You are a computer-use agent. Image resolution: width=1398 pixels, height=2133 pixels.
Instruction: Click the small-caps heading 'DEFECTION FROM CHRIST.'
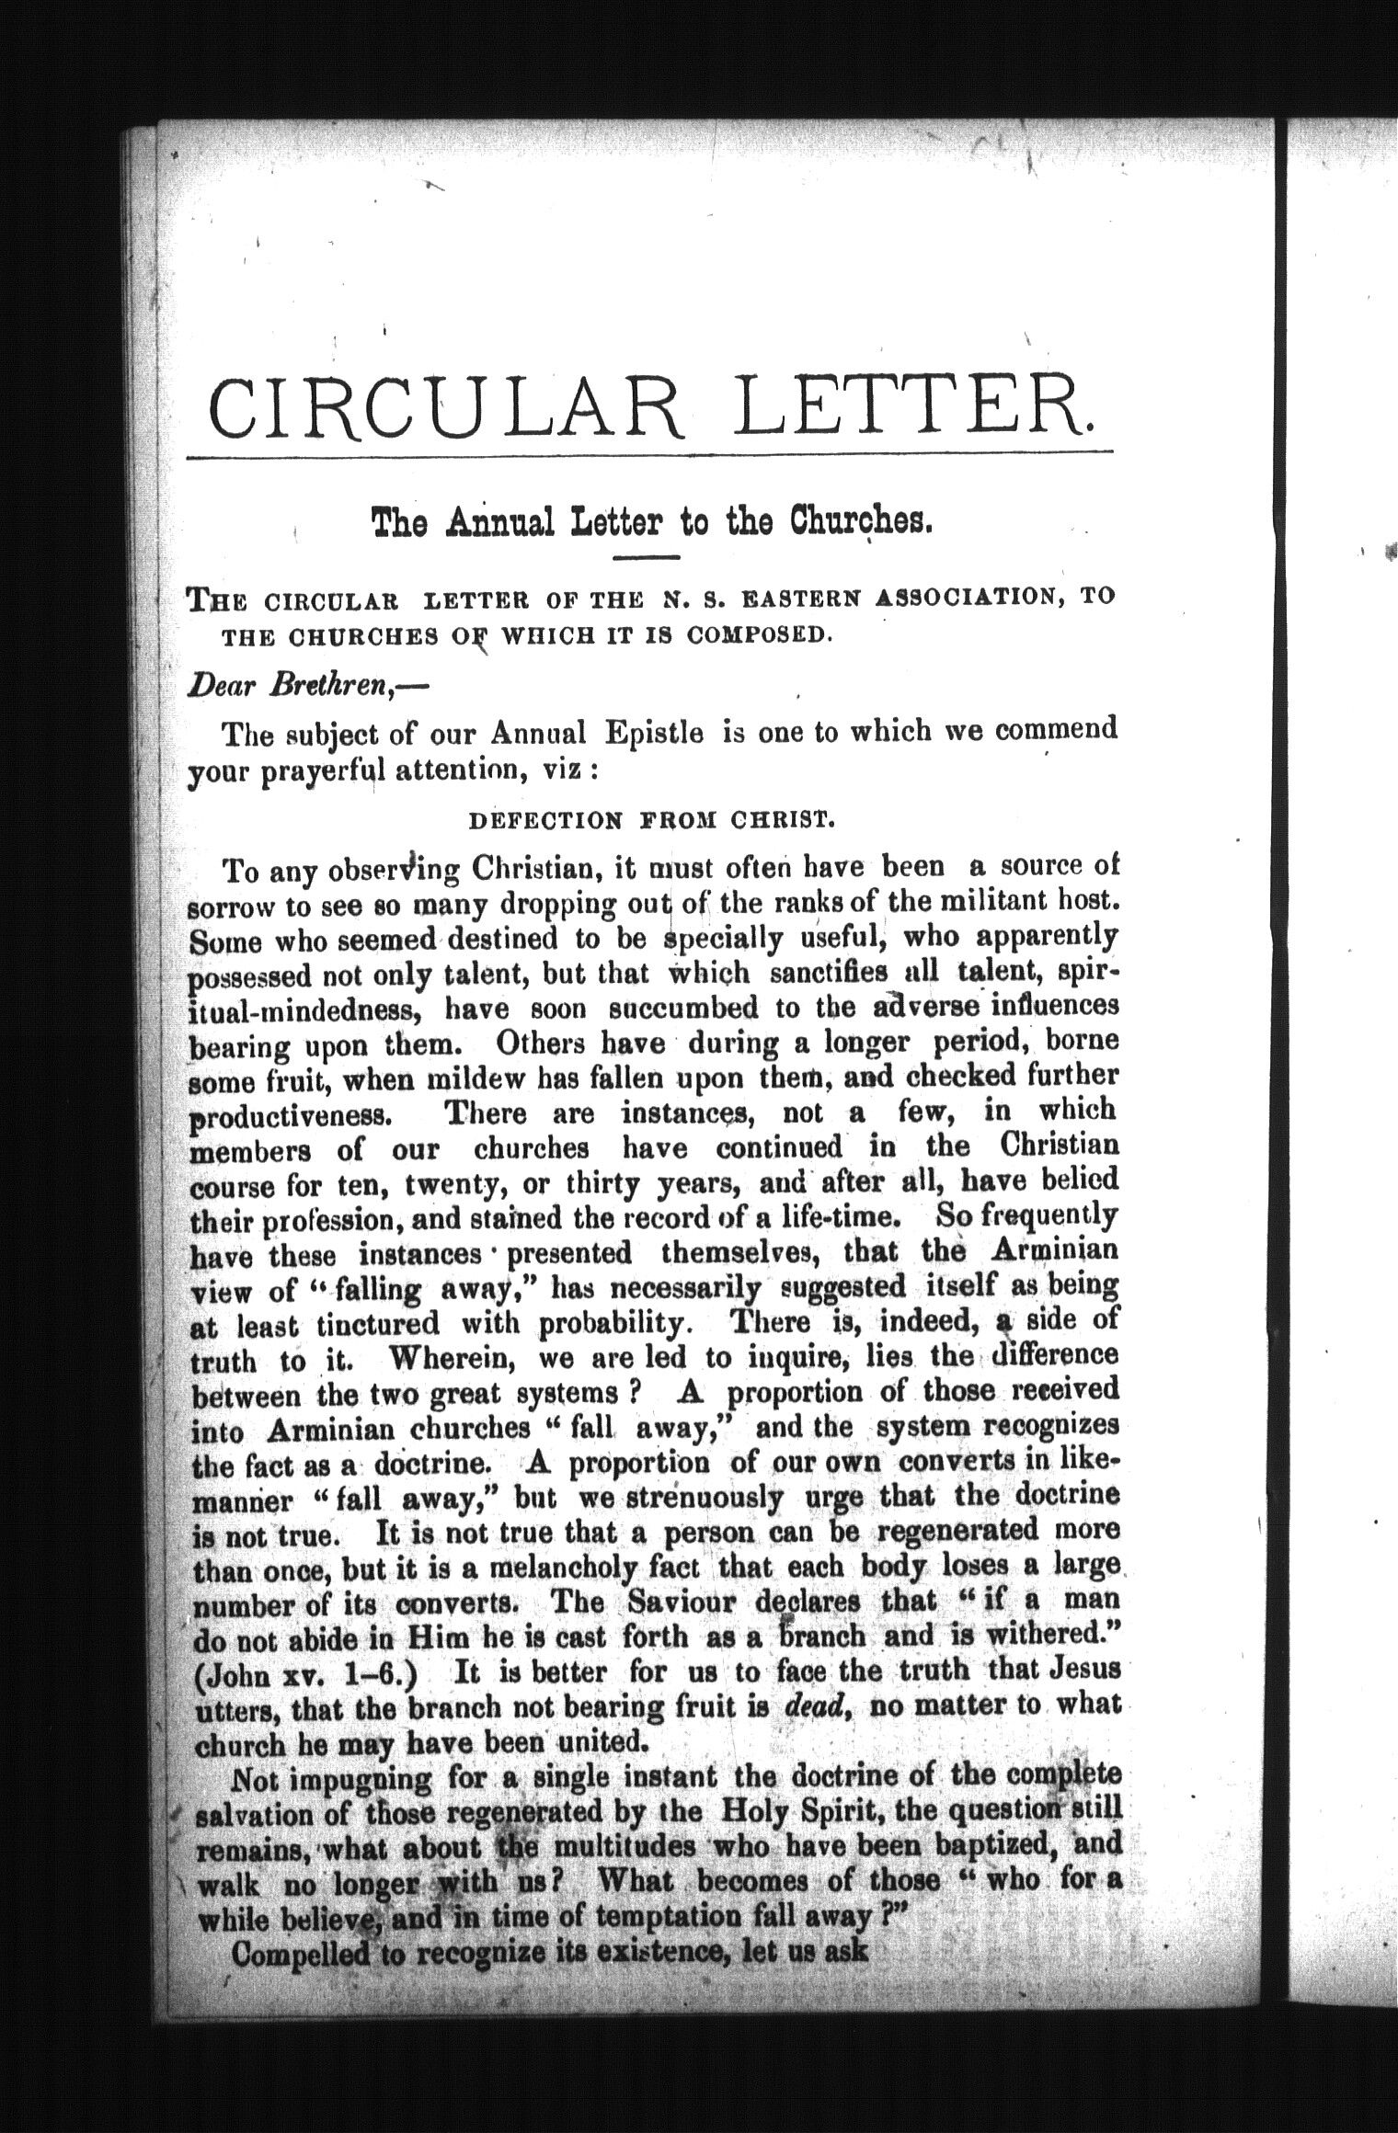651,820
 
